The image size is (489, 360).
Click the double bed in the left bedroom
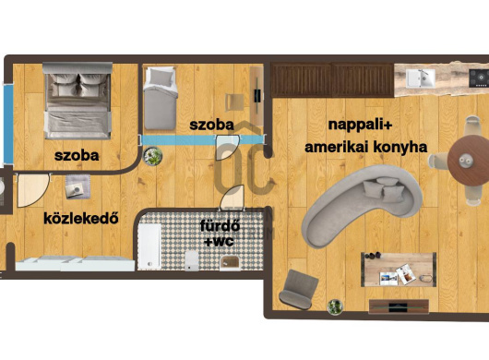click(x=78, y=101)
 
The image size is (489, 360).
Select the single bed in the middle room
click(x=160, y=98)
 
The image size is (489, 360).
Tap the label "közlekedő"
click(x=81, y=218)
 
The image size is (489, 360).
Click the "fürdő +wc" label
click(x=220, y=233)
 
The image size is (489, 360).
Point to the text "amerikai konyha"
click(x=365, y=147)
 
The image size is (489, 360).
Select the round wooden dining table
click(x=468, y=161)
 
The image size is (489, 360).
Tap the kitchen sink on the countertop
click(x=421, y=78)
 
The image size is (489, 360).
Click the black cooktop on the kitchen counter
click(x=479, y=78)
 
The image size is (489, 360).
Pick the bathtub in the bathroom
click(x=149, y=246)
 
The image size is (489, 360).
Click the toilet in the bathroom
click(x=192, y=261)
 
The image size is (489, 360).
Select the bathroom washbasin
click(x=230, y=263)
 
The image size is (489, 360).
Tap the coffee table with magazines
click(x=399, y=270)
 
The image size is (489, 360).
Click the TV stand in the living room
click(x=399, y=306)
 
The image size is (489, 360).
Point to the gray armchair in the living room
click(x=298, y=290)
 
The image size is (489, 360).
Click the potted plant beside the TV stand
click(x=335, y=306)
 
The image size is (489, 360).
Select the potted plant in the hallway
click(x=153, y=156)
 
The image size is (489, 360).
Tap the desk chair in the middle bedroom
click(x=234, y=102)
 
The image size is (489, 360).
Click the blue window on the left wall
click(x=8, y=124)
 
